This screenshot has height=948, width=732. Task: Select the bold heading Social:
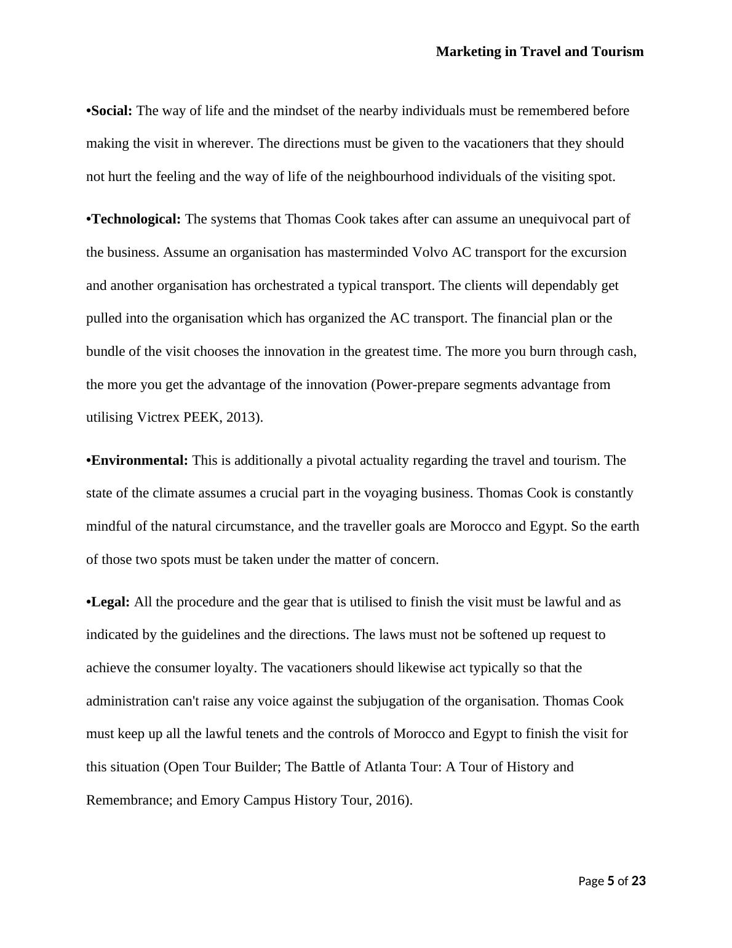pyautogui.click(x=111, y=111)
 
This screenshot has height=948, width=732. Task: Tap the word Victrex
pyautogui.click(x=158, y=417)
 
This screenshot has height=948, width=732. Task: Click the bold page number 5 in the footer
pyautogui.click(x=611, y=881)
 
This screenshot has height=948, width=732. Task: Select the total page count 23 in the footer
pyautogui.click(x=639, y=881)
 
